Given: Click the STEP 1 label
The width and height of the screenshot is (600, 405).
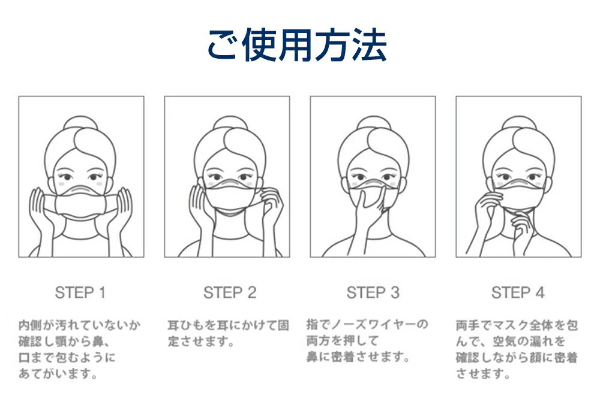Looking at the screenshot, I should (x=80, y=293).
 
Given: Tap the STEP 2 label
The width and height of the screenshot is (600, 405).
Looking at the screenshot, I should (x=229, y=293).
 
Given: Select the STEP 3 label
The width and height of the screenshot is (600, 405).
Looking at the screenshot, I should (x=373, y=293).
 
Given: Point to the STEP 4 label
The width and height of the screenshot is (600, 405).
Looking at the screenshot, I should (x=518, y=293).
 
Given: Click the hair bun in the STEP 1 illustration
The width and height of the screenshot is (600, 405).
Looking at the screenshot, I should (x=81, y=123).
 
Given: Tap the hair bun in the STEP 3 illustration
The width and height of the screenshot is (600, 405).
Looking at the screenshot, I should (x=373, y=123).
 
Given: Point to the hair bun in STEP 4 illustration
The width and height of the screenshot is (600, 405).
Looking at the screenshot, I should (x=518, y=123).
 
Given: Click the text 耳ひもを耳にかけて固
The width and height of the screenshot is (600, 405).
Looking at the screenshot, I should (x=228, y=326).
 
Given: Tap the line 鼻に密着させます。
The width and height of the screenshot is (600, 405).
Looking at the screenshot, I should (x=358, y=358).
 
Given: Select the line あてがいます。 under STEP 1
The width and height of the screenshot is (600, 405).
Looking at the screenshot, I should (x=58, y=375).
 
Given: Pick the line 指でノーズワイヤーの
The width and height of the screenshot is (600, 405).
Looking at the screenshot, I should (x=367, y=325).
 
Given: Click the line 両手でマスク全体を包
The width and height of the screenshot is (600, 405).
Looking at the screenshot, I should (x=517, y=326).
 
